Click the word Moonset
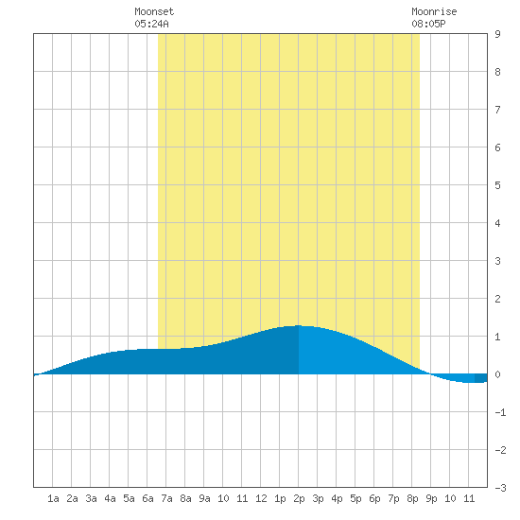click(x=154, y=11)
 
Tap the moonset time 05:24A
click(x=151, y=24)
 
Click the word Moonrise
click(x=434, y=11)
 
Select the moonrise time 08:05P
click(x=428, y=24)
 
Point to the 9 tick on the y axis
click(x=497, y=34)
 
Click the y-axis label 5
click(x=497, y=185)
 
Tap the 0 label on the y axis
click(x=497, y=374)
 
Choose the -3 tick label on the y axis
click(x=500, y=488)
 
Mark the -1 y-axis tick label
click(x=500, y=412)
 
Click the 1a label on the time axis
click(x=53, y=498)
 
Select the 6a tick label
click(x=147, y=498)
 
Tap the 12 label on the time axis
click(x=261, y=498)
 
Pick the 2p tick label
click(x=299, y=498)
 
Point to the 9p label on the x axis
click(x=431, y=498)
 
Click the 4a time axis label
click(x=110, y=498)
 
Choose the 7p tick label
click(x=393, y=498)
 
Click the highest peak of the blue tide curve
click(x=299, y=325)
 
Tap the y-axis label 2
click(x=497, y=299)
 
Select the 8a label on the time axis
click(x=185, y=498)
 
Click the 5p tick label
click(x=355, y=498)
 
